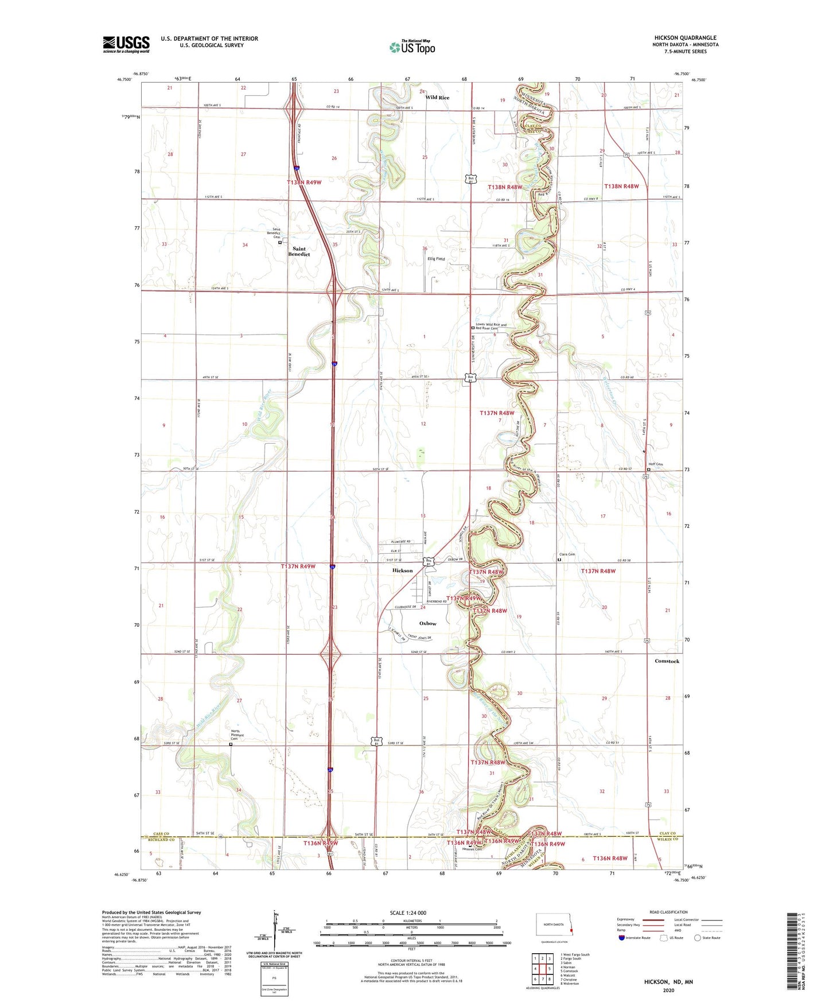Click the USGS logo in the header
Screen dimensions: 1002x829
click(x=126, y=44)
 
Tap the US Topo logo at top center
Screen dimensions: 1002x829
click(x=412, y=47)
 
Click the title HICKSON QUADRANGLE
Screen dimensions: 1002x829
click(x=685, y=37)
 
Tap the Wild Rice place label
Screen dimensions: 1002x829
click(x=437, y=98)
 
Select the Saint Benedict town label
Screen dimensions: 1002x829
click(x=299, y=251)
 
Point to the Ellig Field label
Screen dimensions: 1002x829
click(x=436, y=259)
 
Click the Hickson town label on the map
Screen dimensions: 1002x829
click(x=402, y=570)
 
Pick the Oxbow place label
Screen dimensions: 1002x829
click(x=427, y=623)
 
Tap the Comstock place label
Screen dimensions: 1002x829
click(x=667, y=661)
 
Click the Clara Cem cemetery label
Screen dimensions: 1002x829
click(x=567, y=554)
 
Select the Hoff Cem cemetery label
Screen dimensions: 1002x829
click(x=655, y=464)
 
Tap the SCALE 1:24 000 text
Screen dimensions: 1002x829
click(x=408, y=913)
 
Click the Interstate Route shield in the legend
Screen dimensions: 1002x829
click(x=622, y=938)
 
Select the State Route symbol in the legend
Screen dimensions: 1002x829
click(x=698, y=938)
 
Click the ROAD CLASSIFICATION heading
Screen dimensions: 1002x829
click(x=668, y=912)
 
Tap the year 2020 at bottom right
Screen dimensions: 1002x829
click(x=668, y=990)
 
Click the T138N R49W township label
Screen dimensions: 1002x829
click(x=304, y=182)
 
